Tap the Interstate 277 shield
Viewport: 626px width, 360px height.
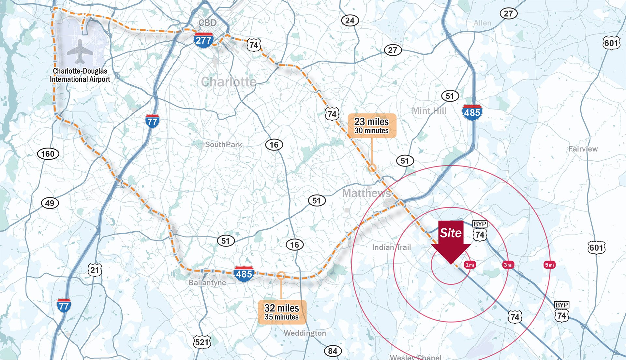203,40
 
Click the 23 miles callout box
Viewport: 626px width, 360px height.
372,126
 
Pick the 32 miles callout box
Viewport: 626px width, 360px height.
282,312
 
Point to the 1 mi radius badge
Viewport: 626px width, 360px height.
469,265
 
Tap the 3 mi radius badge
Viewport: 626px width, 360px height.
508,265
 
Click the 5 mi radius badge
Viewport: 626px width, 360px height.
549,265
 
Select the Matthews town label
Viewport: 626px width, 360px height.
366,193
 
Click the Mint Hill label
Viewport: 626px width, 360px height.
429,111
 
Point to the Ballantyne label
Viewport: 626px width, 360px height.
207,282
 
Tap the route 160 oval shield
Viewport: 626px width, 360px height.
48,154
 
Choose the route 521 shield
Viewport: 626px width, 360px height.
202,342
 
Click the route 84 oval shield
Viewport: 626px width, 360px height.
333,351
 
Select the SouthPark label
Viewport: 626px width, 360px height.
223,144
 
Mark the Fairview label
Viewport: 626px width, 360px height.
583,149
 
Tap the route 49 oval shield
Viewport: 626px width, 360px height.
50,203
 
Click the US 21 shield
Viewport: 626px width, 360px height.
95,270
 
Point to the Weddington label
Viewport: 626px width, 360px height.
305,333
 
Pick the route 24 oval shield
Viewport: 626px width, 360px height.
350,21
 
